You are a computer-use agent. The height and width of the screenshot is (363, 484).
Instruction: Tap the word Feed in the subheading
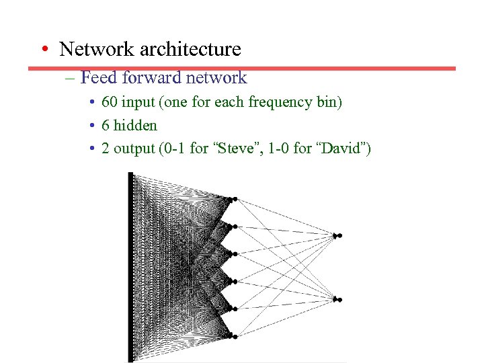[99, 78]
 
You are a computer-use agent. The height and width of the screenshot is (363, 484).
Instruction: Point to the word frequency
[278, 103]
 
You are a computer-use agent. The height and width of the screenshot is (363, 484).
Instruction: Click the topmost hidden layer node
[233, 199]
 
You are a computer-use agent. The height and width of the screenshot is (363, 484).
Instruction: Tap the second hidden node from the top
[233, 226]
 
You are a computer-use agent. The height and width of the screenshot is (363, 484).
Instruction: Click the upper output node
[338, 235]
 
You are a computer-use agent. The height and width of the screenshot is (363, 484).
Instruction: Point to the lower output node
[338, 300]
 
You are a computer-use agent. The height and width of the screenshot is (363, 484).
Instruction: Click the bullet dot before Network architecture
[43, 50]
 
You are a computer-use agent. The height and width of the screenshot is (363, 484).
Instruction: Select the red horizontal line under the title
[242, 68]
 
